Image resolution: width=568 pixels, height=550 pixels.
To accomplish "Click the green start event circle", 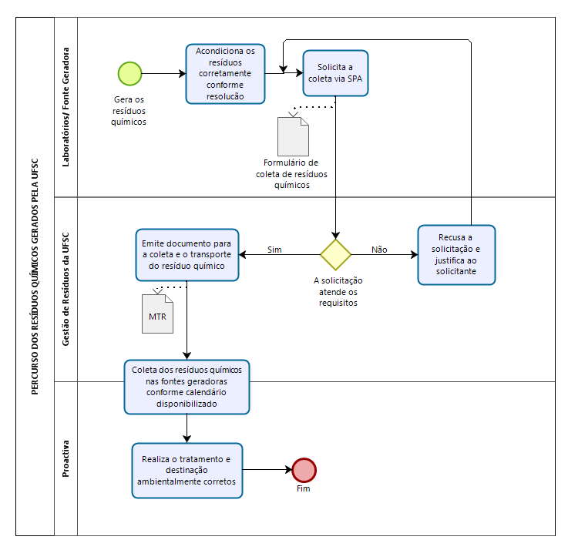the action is [129, 73].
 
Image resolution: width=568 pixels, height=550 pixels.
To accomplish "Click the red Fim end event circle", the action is [304, 470].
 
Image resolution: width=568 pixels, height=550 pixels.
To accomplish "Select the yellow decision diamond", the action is [335, 254].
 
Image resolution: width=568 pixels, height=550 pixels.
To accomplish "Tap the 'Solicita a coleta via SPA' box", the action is [335, 73].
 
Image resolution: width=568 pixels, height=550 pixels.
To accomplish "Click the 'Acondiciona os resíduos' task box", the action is [225, 74].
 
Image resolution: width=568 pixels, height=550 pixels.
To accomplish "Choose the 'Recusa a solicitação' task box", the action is [456, 255].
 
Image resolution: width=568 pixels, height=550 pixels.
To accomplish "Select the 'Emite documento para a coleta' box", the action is [187, 255].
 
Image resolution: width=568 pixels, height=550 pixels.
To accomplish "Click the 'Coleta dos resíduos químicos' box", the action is [187, 387].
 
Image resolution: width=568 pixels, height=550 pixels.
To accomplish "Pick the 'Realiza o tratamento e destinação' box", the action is [187, 471].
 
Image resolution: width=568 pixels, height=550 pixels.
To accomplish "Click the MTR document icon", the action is [157, 314].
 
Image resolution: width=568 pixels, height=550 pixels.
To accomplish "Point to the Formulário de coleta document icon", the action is [293, 136].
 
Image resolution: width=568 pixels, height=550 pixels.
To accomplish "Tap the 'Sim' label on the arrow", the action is [274, 250].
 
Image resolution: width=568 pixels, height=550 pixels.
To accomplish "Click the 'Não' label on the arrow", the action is [379, 250].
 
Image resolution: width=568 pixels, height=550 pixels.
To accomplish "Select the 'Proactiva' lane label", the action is [66, 458].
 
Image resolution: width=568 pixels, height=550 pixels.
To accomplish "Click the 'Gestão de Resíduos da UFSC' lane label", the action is [66, 289].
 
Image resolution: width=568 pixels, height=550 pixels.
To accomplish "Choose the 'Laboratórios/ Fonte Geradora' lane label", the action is [66, 107].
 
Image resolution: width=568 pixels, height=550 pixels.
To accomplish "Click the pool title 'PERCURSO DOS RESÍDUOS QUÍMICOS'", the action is [35, 277].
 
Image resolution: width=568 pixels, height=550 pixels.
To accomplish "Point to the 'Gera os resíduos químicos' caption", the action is [129, 110].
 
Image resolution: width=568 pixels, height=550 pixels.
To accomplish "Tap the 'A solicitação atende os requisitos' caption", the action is [338, 291].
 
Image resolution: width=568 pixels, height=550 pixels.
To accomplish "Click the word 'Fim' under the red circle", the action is [303, 488].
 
